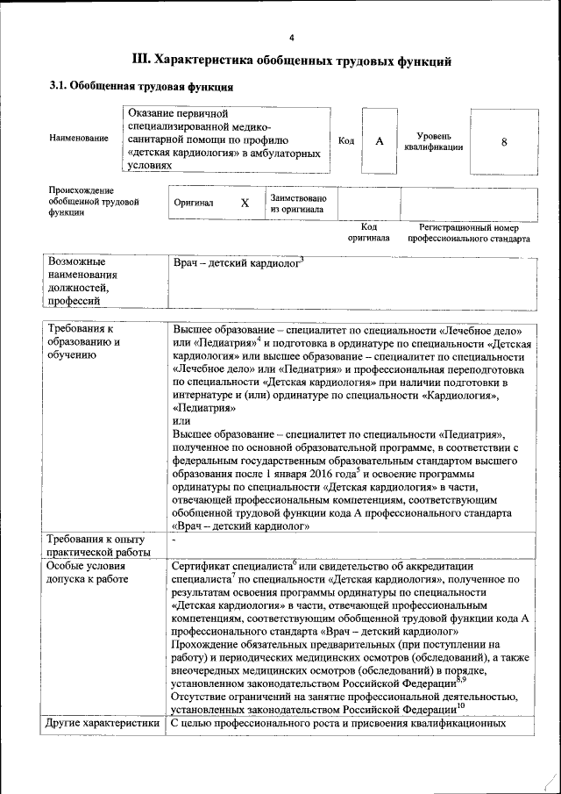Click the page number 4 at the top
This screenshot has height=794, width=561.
click(x=291, y=36)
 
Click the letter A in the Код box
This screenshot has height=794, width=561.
click(x=379, y=141)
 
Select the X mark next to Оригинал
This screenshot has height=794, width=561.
click(x=245, y=203)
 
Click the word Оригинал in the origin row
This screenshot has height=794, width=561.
click(x=194, y=203)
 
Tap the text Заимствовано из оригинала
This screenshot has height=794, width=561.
click(x=298, y=204)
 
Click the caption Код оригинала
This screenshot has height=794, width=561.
click(x=368, y=232)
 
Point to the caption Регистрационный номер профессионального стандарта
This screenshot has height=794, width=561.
click(x=468, y=232)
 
